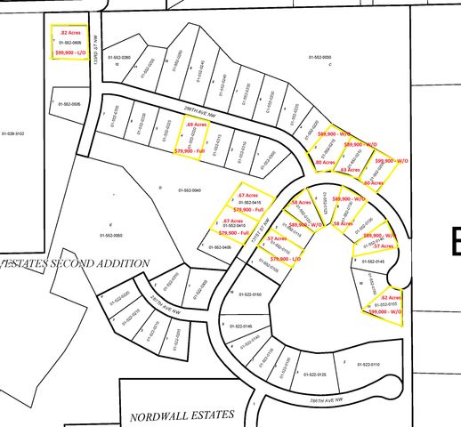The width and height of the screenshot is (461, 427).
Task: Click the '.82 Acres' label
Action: (x=69, y=32)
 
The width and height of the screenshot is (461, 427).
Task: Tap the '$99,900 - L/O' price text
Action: (x=70, y=53)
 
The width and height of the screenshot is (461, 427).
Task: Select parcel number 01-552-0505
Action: (x=69, y=104)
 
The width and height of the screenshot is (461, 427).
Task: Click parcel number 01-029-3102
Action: (x=13, y=133)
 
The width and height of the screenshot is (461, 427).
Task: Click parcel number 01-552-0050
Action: (x=320, y=57)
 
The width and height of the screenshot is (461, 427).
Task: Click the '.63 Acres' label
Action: (x=350, y=168)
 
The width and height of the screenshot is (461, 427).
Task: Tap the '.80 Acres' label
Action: (x=325, y=163)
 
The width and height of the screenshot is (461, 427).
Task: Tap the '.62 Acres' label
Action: (x=392, y=296)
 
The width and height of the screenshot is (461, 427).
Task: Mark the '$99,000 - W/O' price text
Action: (x=385, y=312)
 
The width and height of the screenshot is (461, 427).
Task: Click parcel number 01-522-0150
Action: (x=252, y=294)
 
